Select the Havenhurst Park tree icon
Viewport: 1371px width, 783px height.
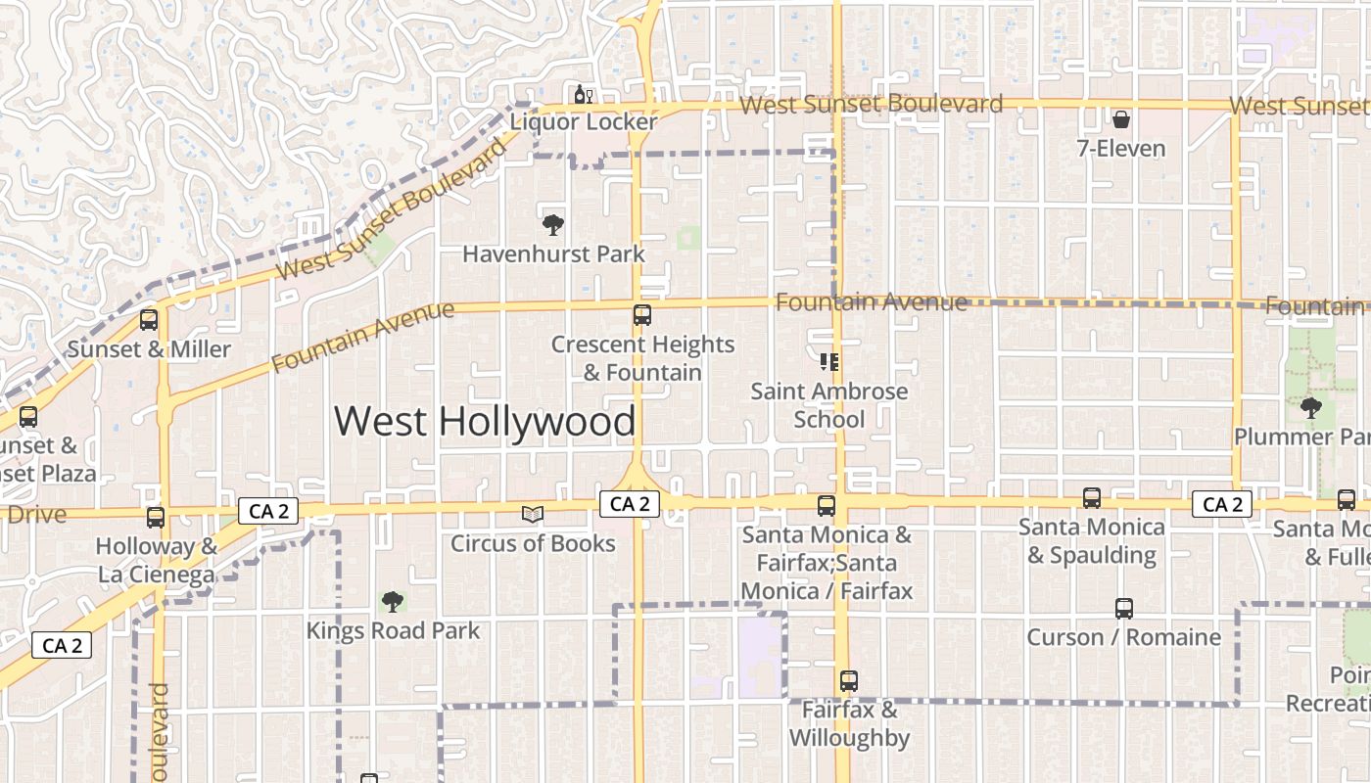point(553,225)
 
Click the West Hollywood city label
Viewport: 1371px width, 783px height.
point(485,422)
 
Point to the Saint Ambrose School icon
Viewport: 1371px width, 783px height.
point(829,363)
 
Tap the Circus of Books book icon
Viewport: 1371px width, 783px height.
point(532,515)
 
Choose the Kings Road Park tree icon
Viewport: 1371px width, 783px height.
point(393,601)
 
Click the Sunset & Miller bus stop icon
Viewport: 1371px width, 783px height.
point(149,320)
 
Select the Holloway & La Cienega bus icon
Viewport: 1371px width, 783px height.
point(156,518)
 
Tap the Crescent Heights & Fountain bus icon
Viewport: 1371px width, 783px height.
point(642,315)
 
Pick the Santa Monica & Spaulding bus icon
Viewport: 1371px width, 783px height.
point(1092,498)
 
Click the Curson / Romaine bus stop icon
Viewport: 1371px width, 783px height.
point(1124,609)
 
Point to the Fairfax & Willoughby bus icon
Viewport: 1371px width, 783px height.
point(849,681)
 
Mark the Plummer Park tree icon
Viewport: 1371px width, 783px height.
point(1310,407)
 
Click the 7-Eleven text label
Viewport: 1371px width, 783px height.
point(1120,149)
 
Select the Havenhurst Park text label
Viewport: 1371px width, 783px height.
point(553,254)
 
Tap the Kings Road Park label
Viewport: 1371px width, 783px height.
point(393,630)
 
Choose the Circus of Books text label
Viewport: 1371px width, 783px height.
point(533,543)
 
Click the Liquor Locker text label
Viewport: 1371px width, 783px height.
point(583,122)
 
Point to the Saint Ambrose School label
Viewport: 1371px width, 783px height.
point(829,405)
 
